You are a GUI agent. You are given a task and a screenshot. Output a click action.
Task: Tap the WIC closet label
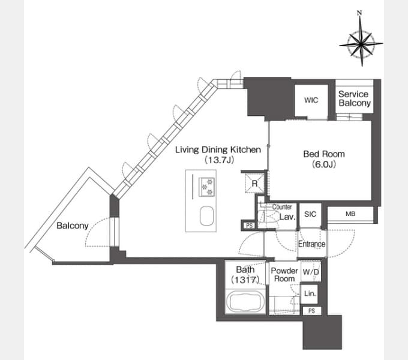pyautogui.click(x=311, y=100)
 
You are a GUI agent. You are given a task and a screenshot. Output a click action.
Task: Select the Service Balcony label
pyautogui.click(x=355, y=98)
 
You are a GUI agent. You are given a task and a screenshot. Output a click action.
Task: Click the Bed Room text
pyautogui.click(x=324, y=154)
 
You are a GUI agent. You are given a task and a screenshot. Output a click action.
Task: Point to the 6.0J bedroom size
pyautogui.click(x=324, y=164)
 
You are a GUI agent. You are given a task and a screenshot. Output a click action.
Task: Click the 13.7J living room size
pyautogui.click(x=219, y=160)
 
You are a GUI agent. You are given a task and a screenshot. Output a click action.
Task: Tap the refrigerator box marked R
pyautogui.click(x=255, y=184)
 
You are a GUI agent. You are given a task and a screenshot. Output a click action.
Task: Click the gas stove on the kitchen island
pyautogui.click(x=206, y=187)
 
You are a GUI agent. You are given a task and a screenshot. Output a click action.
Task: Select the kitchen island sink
pyautogui.click(x=206, y=216)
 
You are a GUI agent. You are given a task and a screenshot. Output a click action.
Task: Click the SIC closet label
pyautogui.click(x=310, y=214)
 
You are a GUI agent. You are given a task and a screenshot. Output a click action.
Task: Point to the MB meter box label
pyautogui.click(x=350, y=214)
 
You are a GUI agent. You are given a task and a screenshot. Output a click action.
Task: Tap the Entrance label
pyautogui.click(x=311, y=244)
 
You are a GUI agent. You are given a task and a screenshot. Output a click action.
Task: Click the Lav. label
pyautogui.click(x=287, y=217)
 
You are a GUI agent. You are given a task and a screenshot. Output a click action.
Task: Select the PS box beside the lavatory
pyautogui.click(x=249, y=226)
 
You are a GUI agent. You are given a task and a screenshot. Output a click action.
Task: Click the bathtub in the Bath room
pyautogui.click(x=245, y=302)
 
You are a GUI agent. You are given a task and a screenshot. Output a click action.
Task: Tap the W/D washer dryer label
pyautogui.click(x=311, y=272)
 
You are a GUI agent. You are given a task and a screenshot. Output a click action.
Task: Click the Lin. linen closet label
pyautogui.click(x=310, y=293)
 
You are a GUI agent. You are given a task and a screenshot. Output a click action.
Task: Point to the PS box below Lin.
pyautogui.click(x=312, y=311)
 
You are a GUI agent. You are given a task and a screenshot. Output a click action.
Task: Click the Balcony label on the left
pyautogui.click(x=73, y=226)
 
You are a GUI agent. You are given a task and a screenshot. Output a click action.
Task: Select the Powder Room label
pyautogui.click(x=284, y=275)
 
